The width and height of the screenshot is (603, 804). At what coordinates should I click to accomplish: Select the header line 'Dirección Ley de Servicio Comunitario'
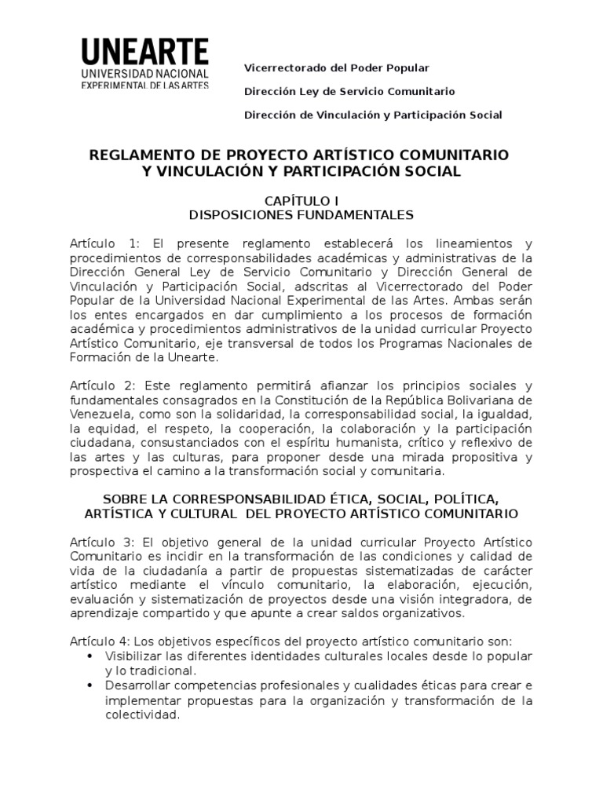coord(349,92)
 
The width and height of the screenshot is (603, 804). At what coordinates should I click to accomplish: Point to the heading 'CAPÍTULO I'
coord(301,201)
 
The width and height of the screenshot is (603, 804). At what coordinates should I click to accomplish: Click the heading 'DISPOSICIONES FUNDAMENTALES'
coord(301,214)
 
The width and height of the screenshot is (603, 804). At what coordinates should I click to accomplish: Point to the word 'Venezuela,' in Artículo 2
coord(97,415)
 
